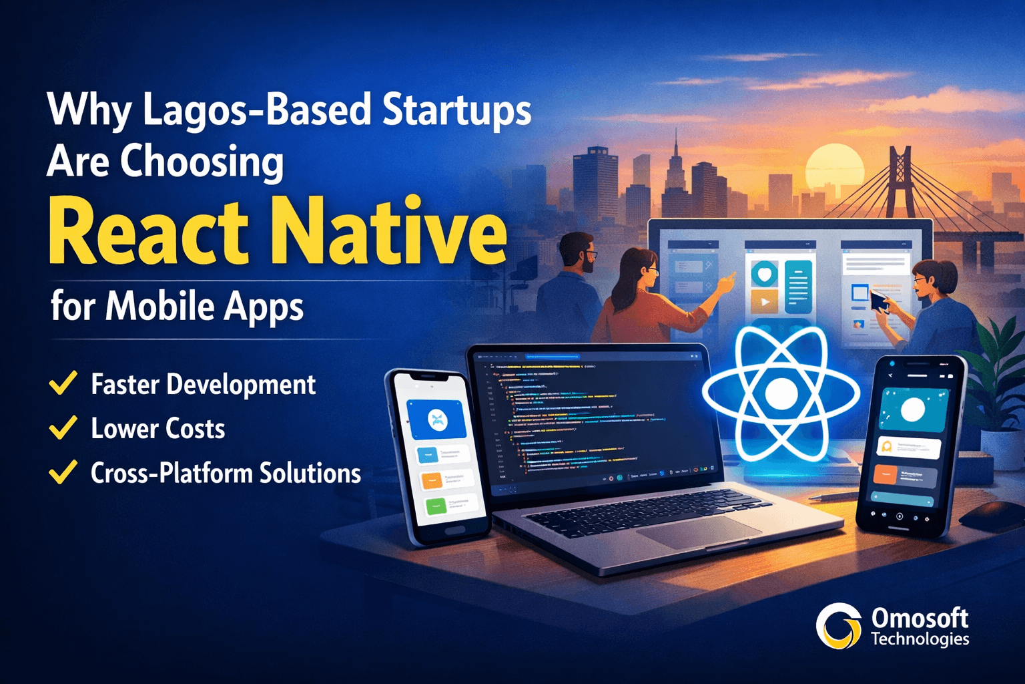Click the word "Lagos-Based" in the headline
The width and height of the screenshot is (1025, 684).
point(257,110)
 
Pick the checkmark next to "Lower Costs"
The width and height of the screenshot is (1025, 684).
point(63,427)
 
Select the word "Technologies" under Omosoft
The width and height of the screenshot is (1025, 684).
point(920,639)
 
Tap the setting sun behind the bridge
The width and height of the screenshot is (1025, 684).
point(834,167)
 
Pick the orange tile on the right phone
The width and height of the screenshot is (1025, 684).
point(885,476)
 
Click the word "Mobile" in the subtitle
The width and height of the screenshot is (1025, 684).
point(159,307)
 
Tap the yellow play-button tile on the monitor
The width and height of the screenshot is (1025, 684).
point(764,302)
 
